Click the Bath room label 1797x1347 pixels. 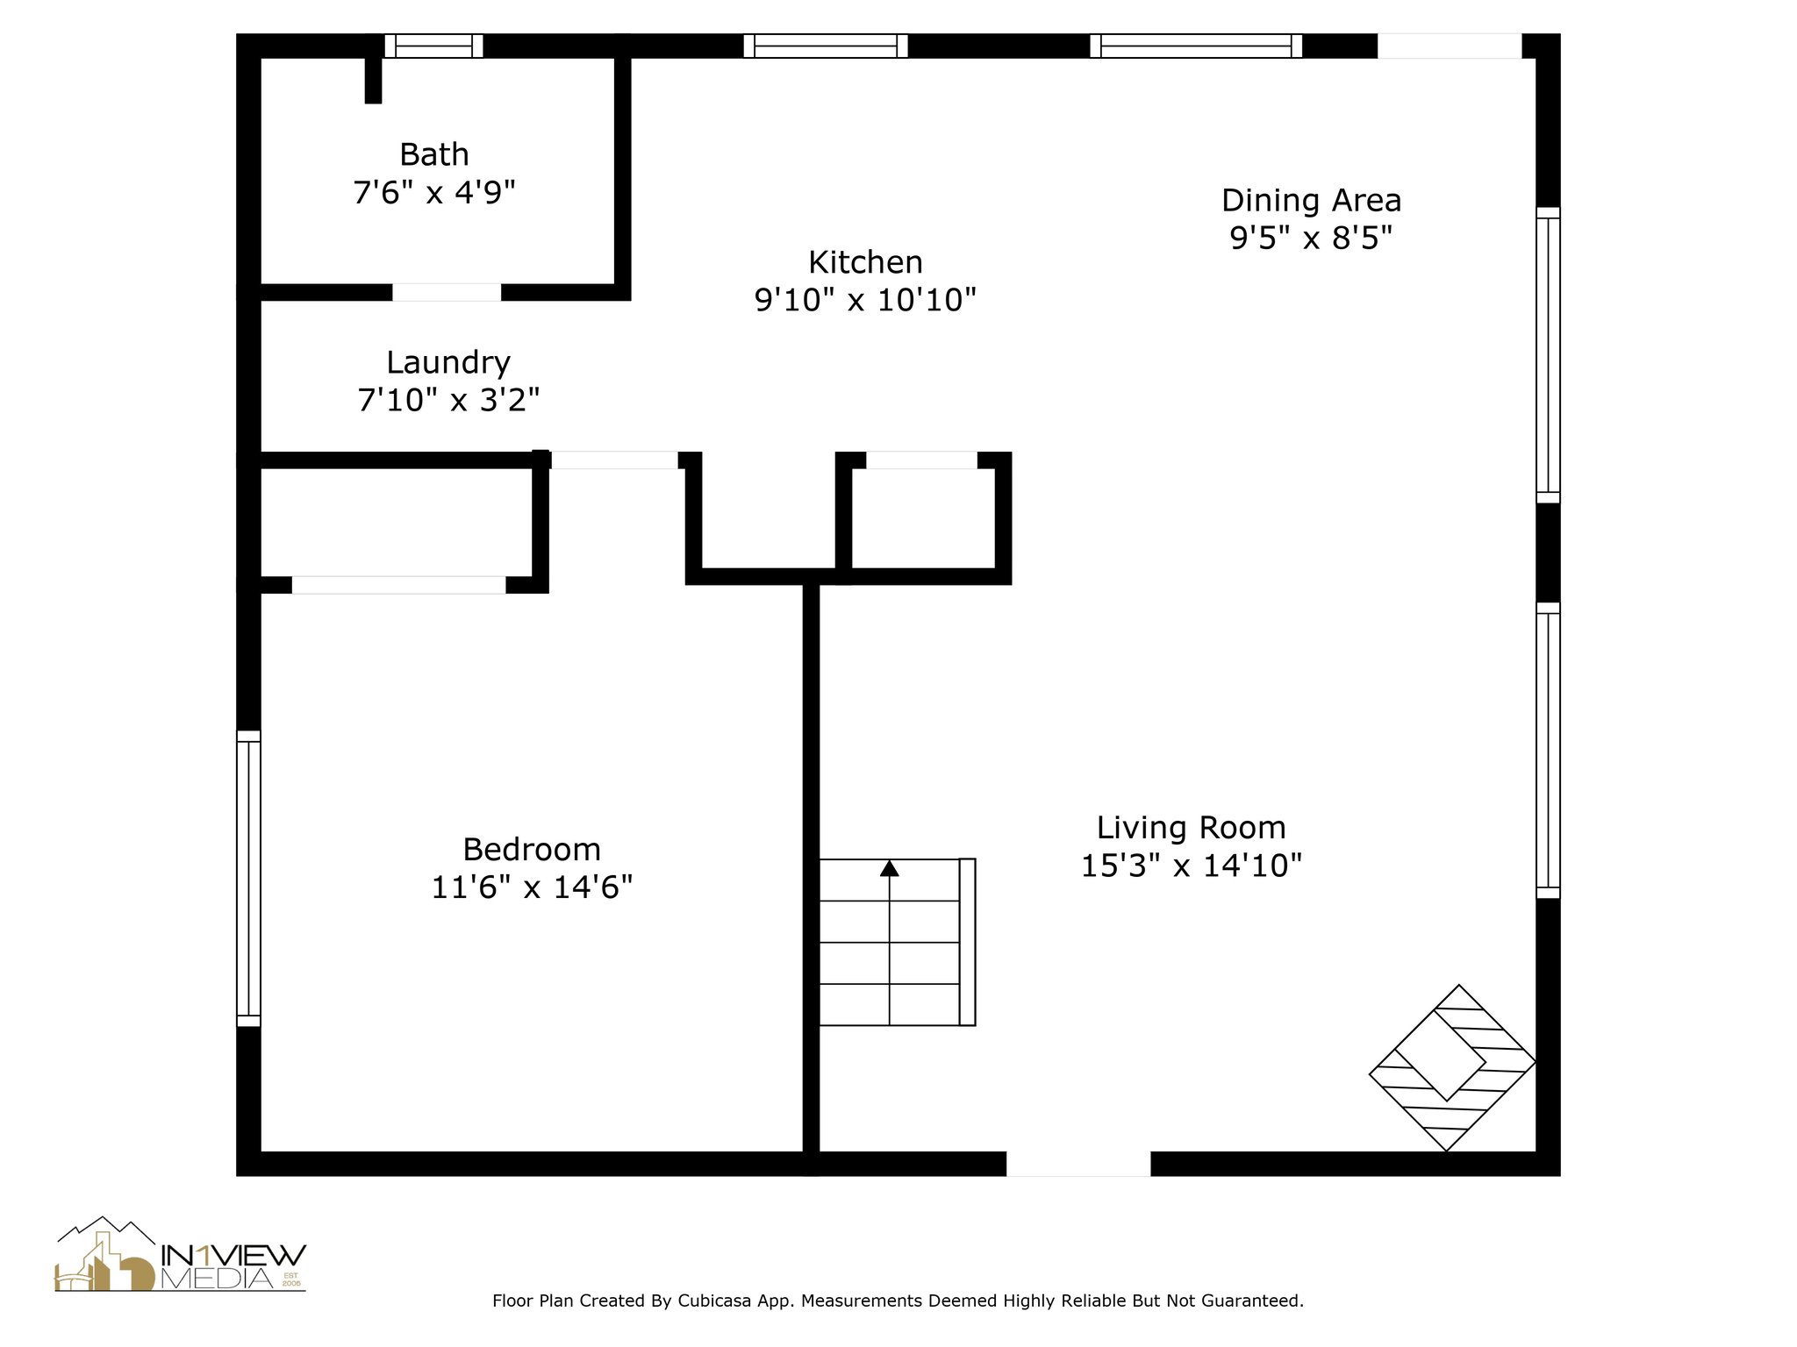point(433,154)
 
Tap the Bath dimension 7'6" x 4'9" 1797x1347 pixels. point(433,192)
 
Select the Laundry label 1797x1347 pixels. point(447,362)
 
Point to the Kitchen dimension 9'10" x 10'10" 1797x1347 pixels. point(865,300)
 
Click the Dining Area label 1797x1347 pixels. point(1311,201)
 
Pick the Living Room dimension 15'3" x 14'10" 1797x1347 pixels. point(1191,866)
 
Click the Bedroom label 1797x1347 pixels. point(532,849)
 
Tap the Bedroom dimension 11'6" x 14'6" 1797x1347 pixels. point(532,887)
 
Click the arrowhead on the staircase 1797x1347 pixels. point(890,868)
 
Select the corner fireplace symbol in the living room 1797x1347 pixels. point(1452,1067)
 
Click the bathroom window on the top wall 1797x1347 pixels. point(433,46)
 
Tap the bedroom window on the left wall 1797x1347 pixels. point(248,878)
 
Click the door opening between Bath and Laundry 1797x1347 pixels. point(447,292)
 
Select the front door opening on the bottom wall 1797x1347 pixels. point(1077,1164)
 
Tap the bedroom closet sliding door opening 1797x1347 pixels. point(398,584)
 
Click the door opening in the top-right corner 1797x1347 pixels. point(1449,46)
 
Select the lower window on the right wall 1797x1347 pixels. point(1548,750)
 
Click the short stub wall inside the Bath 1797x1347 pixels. point(373,80)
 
